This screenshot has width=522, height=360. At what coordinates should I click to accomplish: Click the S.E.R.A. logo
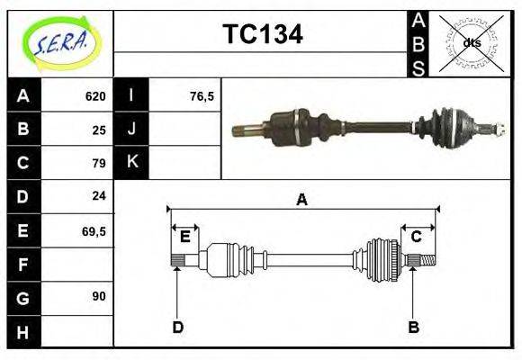(60, 42)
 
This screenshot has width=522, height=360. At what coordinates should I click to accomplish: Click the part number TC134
(262, 34)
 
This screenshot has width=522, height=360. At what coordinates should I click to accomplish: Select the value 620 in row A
(95, 96)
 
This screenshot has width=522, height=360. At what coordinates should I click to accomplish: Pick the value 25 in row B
(99, 130)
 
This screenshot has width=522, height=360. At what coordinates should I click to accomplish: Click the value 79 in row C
(99, 163)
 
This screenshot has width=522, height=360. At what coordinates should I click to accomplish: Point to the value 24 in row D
(99, 195)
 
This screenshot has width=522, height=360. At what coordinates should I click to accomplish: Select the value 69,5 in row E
(94, 230)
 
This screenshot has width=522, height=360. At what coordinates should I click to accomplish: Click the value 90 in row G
(99, 295)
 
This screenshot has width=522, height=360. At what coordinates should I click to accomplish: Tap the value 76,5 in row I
(202, 96)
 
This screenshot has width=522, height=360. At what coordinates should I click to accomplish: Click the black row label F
(22, 264)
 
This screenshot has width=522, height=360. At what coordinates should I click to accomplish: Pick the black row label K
(132, 162)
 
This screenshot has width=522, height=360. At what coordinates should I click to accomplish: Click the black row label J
(132, 129)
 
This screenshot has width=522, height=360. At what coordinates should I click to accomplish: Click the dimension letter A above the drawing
(301, 199)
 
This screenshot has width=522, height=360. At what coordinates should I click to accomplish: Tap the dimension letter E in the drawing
(184, 237)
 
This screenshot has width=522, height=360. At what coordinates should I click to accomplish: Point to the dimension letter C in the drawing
(416, 237)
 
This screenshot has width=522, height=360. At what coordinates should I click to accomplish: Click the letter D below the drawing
(177, 327)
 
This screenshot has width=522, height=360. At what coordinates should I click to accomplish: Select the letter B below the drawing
(414, 327)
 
